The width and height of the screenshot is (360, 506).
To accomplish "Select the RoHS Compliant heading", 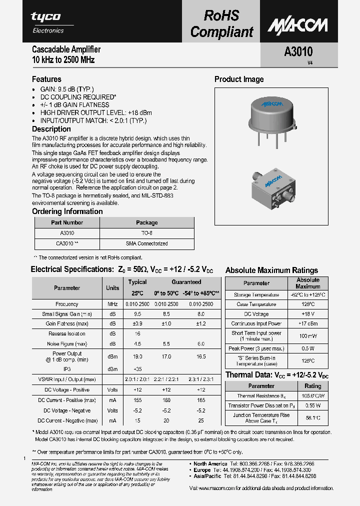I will point(222,23).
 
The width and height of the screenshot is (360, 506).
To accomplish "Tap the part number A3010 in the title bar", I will point(298,52).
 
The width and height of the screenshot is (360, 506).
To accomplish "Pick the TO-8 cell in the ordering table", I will point(146,233).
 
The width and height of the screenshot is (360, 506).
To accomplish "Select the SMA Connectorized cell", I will point(146,243).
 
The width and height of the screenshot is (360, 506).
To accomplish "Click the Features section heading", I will point(46,79).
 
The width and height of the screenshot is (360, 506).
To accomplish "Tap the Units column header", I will point(112,287).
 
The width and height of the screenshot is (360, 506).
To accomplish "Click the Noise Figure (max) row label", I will point(67,343).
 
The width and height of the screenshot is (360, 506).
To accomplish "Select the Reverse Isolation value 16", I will point(137,333).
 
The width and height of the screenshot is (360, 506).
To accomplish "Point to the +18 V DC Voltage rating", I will point(307,314).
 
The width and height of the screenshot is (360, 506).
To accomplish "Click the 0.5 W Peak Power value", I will point(307,348).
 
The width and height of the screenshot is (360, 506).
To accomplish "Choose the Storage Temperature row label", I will point(256,295).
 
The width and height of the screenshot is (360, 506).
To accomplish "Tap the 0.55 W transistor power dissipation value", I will point(312,405).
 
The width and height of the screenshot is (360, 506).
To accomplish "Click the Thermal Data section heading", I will point(276,375).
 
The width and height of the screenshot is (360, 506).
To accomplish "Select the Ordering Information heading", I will point(67,211).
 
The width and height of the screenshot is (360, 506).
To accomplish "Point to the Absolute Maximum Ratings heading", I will point(271,270).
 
